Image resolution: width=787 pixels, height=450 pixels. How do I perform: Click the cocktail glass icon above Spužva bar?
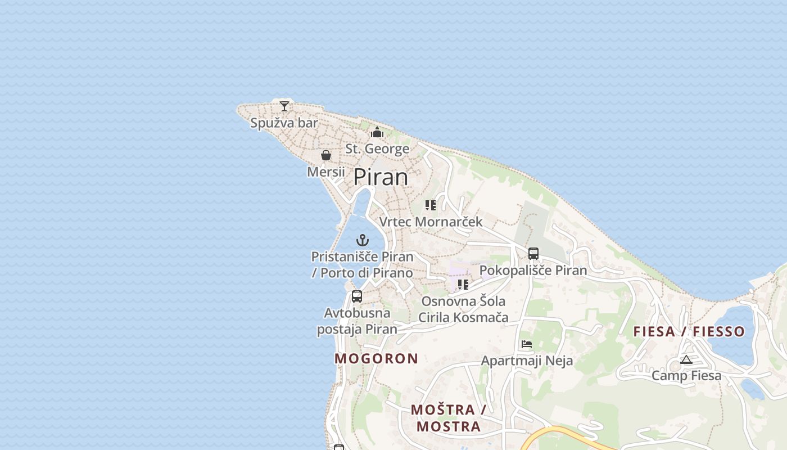click(284, 106)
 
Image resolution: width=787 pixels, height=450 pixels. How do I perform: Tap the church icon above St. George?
click(377, 133)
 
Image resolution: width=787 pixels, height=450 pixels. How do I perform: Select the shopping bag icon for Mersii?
click(326, 155)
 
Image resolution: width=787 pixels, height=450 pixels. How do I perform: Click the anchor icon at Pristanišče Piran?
click(363, 241)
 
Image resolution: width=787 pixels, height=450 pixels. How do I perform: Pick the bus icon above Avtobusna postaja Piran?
click(357, 296)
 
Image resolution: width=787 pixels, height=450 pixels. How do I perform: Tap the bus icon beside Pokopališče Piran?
click(533, 254)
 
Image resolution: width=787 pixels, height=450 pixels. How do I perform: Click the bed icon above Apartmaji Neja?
click(527, 344)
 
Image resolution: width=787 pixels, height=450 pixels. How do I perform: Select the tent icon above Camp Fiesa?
click(686, 359)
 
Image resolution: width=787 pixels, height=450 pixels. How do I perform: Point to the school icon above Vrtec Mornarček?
click(431, 205)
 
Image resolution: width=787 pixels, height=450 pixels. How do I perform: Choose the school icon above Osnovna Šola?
click(463, 285)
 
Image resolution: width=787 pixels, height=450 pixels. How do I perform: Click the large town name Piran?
click(381, 177)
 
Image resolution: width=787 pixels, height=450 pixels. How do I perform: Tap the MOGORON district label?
click(377, 358)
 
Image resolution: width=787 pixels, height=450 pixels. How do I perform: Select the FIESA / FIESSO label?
click(689, 331)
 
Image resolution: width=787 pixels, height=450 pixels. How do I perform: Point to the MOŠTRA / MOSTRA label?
click(449, 418)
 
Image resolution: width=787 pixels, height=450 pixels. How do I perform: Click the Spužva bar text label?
click(284, 123)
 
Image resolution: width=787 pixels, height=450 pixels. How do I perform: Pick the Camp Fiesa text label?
click(686, 375)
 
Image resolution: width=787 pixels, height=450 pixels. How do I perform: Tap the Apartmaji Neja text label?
click(527, 361)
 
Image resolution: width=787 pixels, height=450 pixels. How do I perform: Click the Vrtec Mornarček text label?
click(431, 222)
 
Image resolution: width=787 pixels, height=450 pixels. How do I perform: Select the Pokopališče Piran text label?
click(533, 270)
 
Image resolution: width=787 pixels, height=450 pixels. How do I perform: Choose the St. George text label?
click(377, 149)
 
